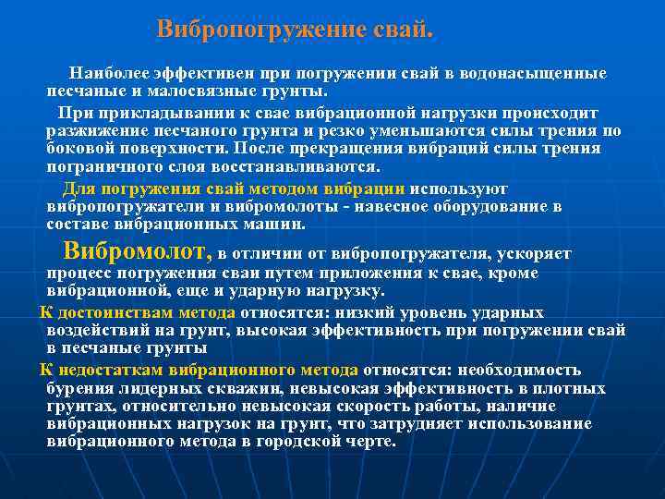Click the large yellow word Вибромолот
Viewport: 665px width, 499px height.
(x=137, y=250)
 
